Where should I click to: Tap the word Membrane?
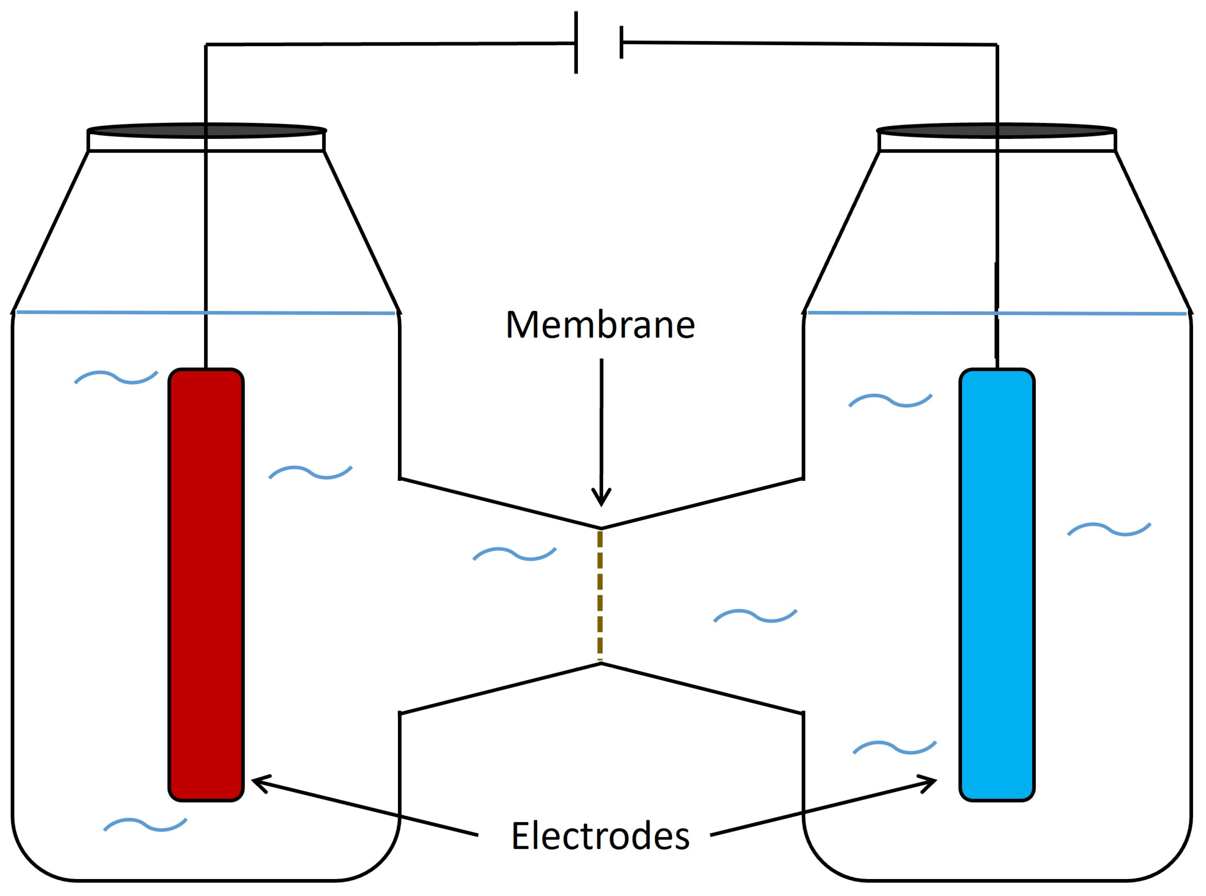click(x=600, y=325)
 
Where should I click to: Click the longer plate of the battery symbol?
click(x=576, y=42)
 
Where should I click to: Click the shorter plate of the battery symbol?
click(x=622, y=42)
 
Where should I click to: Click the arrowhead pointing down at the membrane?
click(x=601, y=496)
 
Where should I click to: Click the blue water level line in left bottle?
click(x=109, y=312)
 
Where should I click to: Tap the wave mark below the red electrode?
click(x=145, y=825)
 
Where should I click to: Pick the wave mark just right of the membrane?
click(x=755, y=616)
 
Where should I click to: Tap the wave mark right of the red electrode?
click(x=311, y=472)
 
